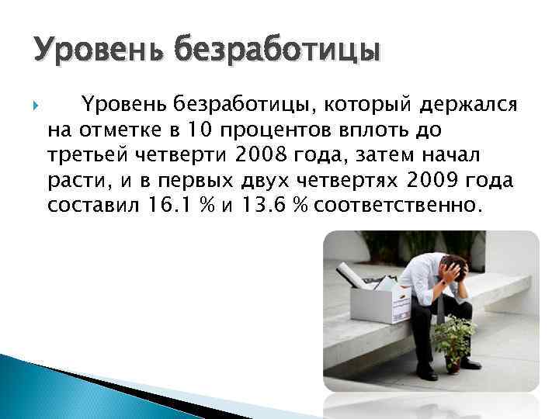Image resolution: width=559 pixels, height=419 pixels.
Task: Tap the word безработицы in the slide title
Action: (277, 51)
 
